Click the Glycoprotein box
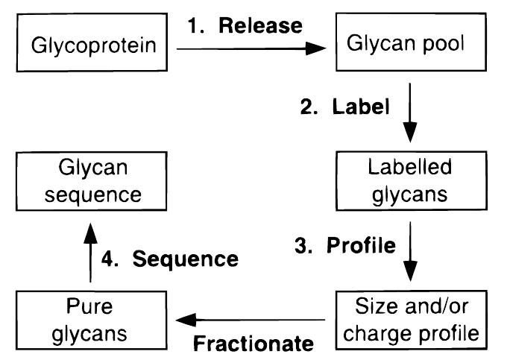tap(95, 46)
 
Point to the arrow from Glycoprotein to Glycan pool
tap(253, 48)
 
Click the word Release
tap(263, 26)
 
